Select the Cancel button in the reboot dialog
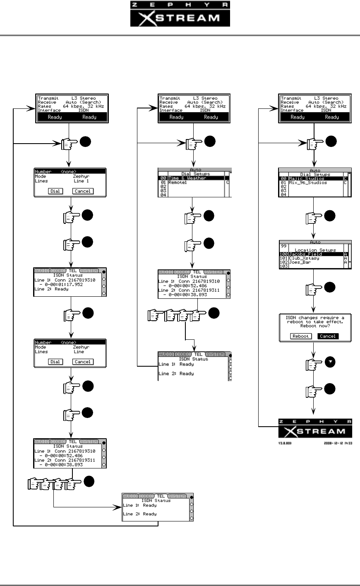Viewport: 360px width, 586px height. click(x=328, y=336)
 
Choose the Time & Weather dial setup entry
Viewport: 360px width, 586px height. click(x=188, y=178)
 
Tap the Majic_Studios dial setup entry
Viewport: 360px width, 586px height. click(x=307, y=178)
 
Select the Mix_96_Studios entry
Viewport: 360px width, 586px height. click(x=308, y=183)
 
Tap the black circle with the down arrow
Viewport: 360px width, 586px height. click(x=330, y=362)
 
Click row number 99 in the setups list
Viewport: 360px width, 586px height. click(x=284, y=246)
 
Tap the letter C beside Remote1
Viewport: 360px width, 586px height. click(x=228, y=182)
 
